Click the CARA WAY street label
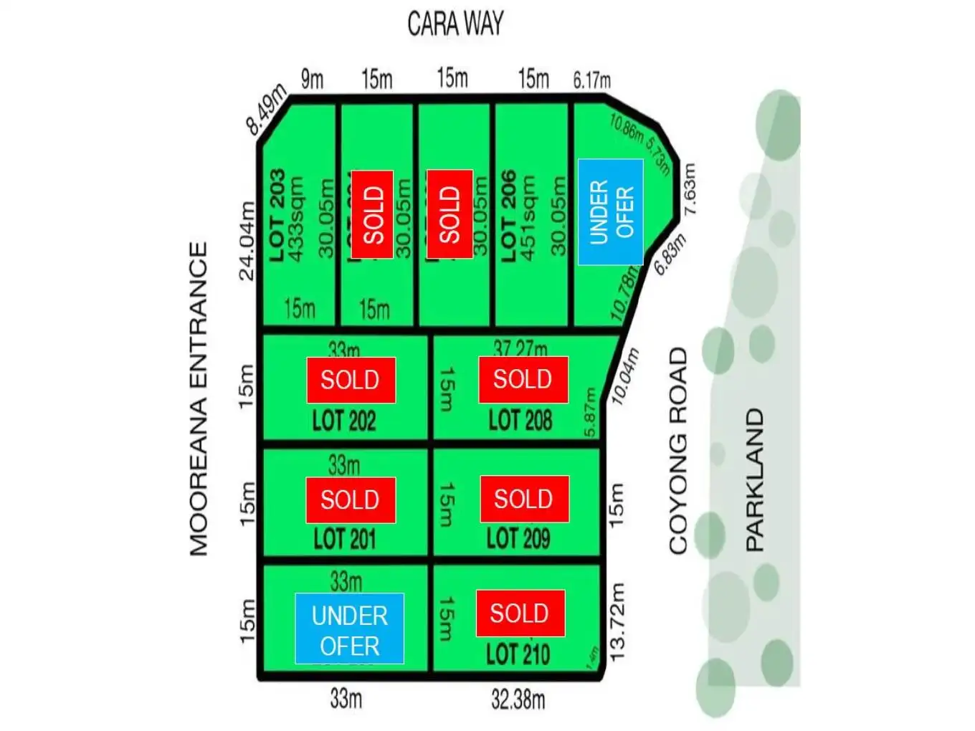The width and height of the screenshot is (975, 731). point(455,24)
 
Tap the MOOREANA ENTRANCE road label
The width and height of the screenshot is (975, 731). point(199,398)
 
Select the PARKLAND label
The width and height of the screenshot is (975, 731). point(755,479)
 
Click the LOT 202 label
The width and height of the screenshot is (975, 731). point(344,421)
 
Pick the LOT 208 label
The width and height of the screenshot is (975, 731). point(520,421)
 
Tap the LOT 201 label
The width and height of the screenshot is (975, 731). point(345,539)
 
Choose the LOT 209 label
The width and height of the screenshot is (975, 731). point(518,538)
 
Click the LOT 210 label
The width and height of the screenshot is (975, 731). point(518,654)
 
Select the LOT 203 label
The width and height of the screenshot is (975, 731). point(277,215)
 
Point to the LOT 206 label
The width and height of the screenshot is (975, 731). point(509,215)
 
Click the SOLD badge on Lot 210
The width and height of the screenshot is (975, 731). point(520,613)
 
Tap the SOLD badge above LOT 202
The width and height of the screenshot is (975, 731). point(351,380)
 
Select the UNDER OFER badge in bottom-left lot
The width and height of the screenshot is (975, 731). point(349,629)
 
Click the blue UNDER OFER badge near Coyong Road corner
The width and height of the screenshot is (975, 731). point(610,212)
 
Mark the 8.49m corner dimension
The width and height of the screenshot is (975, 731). point(266,110)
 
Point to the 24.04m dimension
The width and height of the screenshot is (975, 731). point(247,241)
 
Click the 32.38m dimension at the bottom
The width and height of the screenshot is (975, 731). point(518,699)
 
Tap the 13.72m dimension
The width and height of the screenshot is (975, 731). point(617,621)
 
